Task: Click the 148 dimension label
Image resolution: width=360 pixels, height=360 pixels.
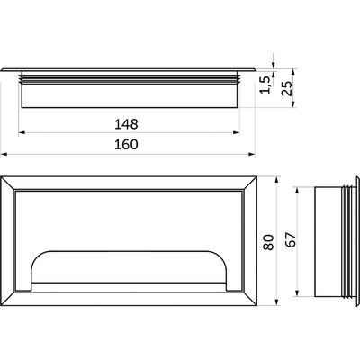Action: (126, 124)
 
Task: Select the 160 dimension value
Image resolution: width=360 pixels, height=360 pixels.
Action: (126, 145)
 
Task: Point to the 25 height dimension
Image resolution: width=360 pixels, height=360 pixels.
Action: (287, 88)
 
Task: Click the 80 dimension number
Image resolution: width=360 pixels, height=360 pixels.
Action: (269, 242)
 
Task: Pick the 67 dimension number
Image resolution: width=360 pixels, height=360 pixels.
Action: (291, 239)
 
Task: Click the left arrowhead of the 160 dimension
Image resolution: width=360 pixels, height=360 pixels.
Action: (4, 154)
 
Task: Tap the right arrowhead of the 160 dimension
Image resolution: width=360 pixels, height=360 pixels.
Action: (251, 154)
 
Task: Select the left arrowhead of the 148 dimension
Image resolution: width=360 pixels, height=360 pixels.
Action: (22, 132)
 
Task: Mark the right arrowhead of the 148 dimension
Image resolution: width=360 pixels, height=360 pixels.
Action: (237, 132)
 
